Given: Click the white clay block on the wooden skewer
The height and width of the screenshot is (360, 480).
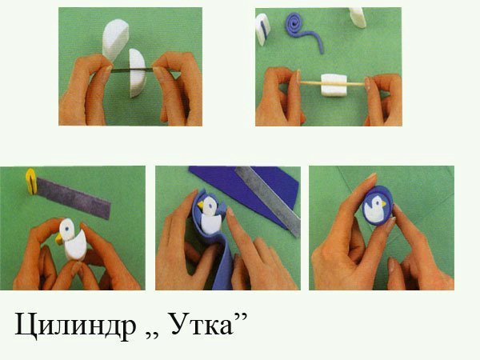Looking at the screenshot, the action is [x=334, y=85].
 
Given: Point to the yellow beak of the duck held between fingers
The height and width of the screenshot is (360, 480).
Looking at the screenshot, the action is [x=59, y=239].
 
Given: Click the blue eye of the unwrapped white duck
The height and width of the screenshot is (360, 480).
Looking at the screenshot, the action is [x=66, y=228].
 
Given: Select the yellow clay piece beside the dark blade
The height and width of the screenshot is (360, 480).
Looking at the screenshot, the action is [x=31, y=182].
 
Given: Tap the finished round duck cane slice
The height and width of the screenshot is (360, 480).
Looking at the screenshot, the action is [x=378, y=206].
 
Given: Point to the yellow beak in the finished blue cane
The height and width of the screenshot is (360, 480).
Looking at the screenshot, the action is [x=383, y=203].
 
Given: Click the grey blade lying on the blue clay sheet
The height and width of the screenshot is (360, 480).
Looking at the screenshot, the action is [x=268, y=200].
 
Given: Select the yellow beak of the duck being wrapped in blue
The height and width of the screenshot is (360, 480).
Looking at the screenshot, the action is [x=201, y=204].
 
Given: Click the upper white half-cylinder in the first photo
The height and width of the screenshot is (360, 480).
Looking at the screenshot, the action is [x=115, y=39].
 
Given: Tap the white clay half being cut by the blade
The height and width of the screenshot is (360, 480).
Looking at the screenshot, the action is [x=137, y=73].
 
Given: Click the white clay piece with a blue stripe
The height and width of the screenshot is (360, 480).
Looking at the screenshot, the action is [x=262, y=29].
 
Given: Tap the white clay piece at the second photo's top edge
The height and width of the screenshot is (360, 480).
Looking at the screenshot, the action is [x=358, y=17].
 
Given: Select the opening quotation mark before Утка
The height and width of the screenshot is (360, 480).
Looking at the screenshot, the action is [x=151, y=334].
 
